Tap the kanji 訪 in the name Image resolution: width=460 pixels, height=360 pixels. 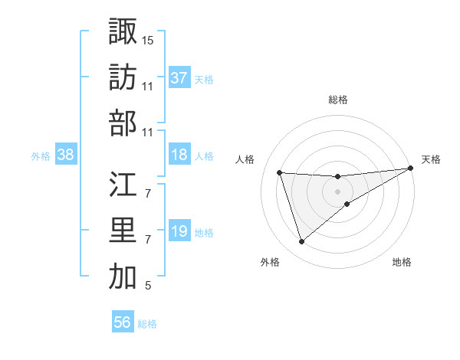pos(123,77)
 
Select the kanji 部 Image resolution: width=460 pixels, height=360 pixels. pos(123,124)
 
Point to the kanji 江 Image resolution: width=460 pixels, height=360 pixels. pos(123,184)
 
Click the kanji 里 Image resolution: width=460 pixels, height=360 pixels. pos(123,231)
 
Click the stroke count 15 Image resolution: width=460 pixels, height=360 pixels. pos(148,39)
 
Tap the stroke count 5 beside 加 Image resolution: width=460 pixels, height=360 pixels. pos(148,286)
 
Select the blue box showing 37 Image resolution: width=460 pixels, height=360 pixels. pos(179,78)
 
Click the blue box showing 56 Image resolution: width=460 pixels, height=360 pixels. pos(123,322)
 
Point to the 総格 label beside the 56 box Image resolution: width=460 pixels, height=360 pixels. pos(147,324)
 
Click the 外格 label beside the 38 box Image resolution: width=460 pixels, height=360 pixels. pos(41,156)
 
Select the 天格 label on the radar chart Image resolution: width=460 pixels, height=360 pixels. pos(432,159)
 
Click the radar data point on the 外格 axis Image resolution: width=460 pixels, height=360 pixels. pos(301,242)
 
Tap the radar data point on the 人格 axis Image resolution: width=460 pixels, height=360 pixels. pos(280,172)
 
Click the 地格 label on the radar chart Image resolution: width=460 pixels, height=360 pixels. pos(402,262)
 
